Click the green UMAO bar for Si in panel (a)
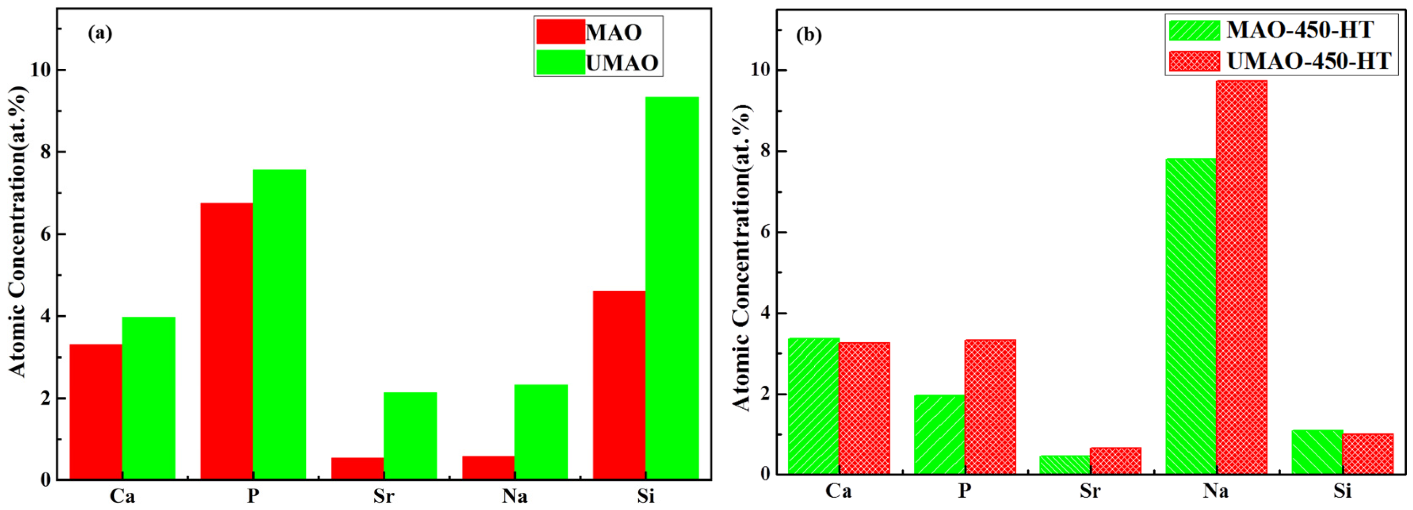coord(672,288)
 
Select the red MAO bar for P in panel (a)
coord(227,341)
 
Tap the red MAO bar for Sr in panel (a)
coord(357,468)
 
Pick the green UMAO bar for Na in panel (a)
coord(541,432)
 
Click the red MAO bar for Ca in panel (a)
coord(96,412)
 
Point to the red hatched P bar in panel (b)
coord(990,407)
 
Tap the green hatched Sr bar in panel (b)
coord(1064,464)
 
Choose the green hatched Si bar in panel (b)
coord(1317,452)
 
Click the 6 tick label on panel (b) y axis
coord(766,232)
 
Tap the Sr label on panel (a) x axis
coord(384,496)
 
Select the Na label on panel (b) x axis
coord(1216,490)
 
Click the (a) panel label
coord(100,34)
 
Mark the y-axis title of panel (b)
coord(741,257)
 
